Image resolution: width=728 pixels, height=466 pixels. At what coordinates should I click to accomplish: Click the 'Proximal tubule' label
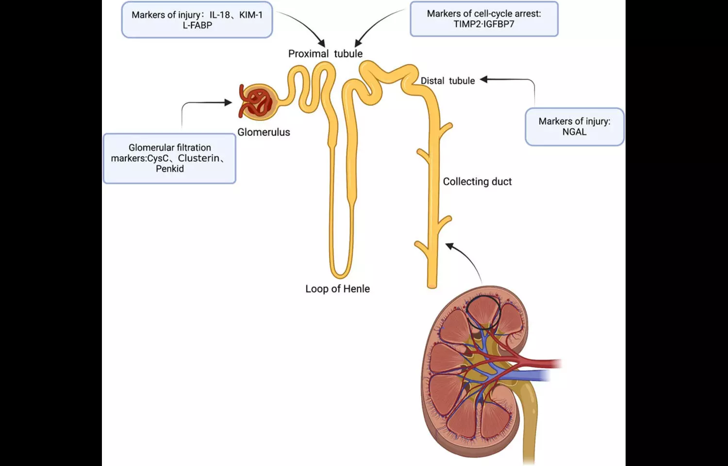[x=325, y=53]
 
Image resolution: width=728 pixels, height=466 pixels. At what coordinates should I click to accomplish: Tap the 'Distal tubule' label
[x=447, y=81]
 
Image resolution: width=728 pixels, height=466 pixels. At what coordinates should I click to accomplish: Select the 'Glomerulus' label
[x=264, y=132]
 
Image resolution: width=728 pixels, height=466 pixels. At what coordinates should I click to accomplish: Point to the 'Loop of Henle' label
[x=337, y=289]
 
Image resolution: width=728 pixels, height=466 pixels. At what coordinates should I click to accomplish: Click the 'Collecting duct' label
[x=477, y=182]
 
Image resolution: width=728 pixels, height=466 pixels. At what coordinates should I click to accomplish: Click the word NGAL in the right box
[x=574, y=132]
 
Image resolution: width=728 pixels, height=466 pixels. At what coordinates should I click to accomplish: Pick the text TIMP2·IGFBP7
[x=484, y=24]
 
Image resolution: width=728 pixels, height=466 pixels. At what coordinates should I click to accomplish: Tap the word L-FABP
[x=197, y=25]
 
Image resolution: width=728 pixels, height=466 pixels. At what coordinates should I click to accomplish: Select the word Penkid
[x=170, y=169]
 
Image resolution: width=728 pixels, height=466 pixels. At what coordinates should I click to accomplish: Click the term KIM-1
[x=251, y=15]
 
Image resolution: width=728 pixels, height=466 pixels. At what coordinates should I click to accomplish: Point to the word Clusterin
[x=199, y=158]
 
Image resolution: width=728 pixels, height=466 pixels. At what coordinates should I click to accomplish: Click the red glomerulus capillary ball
[x=256, y=102]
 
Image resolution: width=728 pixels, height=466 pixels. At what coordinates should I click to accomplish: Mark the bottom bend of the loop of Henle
[x=340, y=274]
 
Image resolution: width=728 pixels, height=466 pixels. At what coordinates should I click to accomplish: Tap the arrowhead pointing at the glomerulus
[x=228, y=102]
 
